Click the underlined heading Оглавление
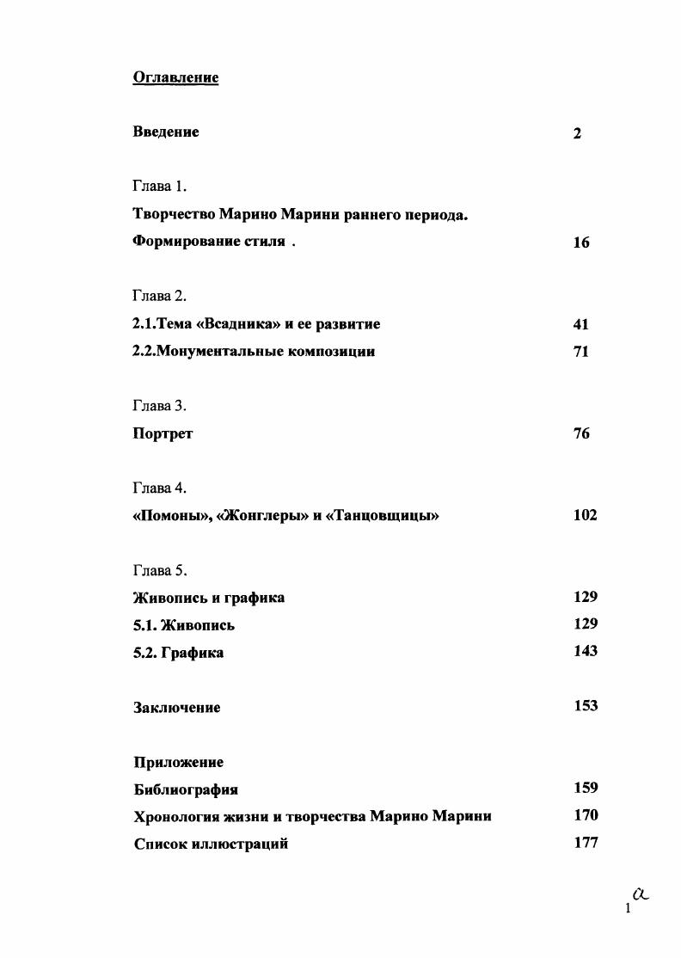pyautogui.click(x=175, y=78)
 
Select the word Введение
pyautogui.click(x=166, y=132)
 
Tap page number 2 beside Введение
pyautogui.click(x=577, y=133)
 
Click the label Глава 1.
pyautogui.click(x=159, y=187)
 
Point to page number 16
pyautogui.click(x=581, y=243)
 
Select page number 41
pyautogui.click(x=580, y=325)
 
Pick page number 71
pyautogui.click(x=580, y=352)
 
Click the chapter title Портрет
pyautogui.click(x=163, y=434)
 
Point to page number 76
pyautogui.click(x=581, y=434)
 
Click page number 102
pyautogui.click(x=585, y=516)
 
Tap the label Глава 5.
pyautogui.click(x=159, y=571)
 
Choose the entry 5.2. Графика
pyautogui.click(x=178, y=653)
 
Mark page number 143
pyautogui.click(x=586, y=651)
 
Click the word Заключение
pyautogui.click(x=176, y=708)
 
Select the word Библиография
pyautogui.click(x=186, y=789)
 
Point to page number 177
pyautogui.click(x=586, y=843)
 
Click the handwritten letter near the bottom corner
pyautogui.click(x=639, y=894)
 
